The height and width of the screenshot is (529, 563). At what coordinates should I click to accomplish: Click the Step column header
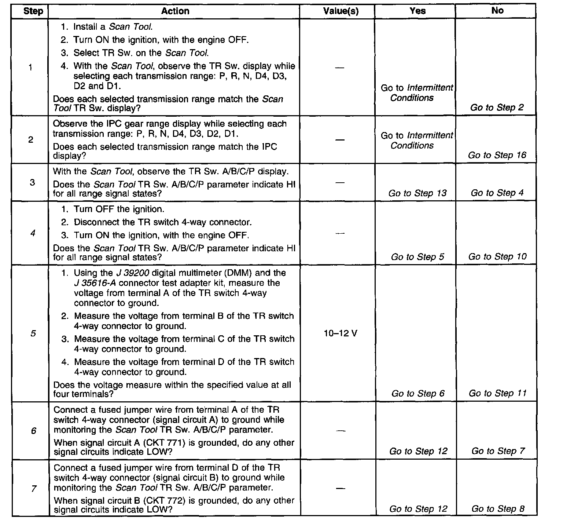(33, 11)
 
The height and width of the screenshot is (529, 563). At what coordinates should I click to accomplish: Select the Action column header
(175, 11)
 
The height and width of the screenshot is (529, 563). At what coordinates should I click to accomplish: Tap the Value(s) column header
(341, 11)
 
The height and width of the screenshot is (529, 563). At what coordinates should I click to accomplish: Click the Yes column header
(417, 11)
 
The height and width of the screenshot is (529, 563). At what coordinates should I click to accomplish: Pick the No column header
(497, 11)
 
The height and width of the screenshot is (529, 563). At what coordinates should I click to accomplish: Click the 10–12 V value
(341, 333)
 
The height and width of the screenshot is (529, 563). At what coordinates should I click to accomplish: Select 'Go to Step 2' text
(497, 107)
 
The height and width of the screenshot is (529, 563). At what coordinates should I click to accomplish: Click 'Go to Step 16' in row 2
(497, 155)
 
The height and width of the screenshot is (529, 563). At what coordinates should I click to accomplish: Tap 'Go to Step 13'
(417, 193)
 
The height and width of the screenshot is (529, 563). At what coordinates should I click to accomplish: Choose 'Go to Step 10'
(497, 257)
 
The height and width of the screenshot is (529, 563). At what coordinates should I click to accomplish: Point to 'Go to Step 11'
(497, 394)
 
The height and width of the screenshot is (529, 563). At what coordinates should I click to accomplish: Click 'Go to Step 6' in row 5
(418, 394)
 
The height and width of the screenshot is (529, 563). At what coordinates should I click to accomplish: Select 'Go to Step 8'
(498, 509)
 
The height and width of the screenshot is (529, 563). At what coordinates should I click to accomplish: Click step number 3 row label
(33, 182)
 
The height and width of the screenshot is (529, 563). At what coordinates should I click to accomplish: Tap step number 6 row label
(33, 431)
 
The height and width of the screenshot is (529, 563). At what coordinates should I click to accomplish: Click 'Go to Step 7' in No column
(498, 451)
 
